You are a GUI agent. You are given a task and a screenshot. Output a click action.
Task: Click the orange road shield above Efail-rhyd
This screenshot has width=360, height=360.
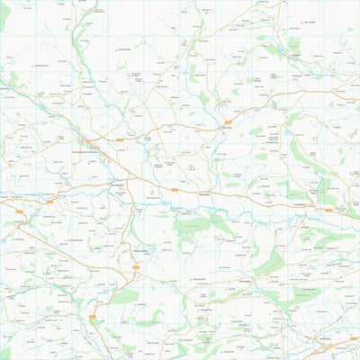click(229, 121)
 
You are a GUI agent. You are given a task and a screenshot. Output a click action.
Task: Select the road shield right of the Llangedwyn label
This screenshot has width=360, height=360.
click(328, 210)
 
